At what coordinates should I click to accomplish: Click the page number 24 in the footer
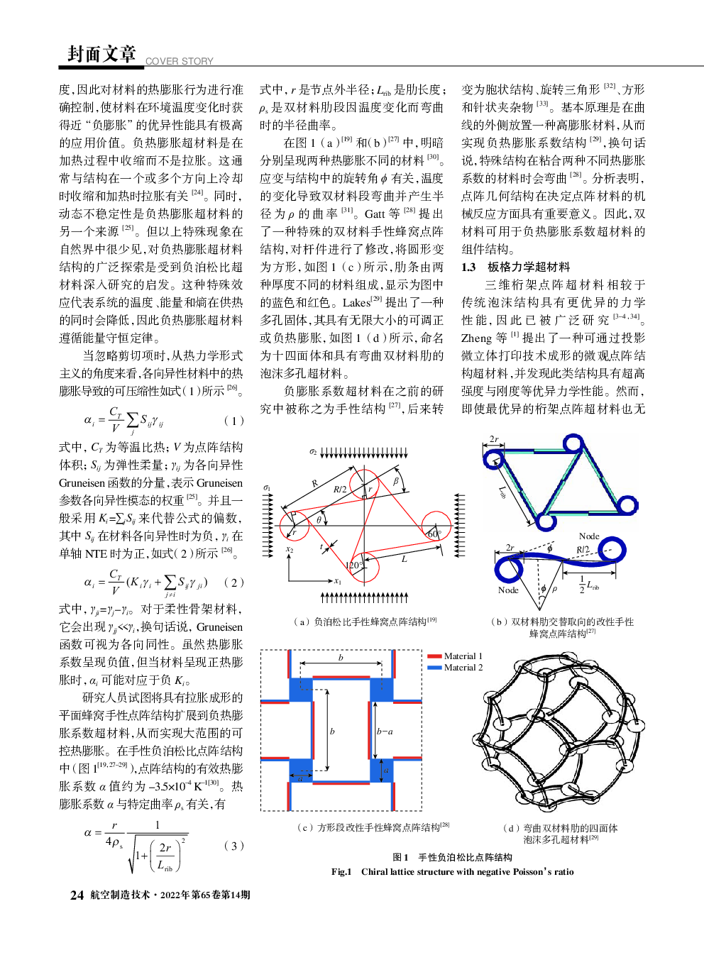coord(77,895)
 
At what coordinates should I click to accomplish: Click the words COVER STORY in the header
coord(179,61)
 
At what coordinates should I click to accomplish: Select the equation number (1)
coord(233,420)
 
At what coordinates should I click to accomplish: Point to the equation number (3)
coord(233,845)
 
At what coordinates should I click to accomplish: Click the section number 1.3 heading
coord(468,267)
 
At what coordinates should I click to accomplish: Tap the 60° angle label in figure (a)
coord(433,534)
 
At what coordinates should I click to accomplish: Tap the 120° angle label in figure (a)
coord(353,565)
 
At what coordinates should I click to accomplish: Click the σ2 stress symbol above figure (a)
coord(312,451)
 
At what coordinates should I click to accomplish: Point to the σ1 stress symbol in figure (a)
coord(267,487)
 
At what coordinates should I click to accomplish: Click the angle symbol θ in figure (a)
coord(319,520)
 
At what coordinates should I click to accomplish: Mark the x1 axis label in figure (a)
coord(338,582)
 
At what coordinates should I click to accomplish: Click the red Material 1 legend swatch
coord(434,656)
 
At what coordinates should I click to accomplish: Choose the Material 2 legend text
coord(463,668)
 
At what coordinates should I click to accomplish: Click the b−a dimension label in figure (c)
coord(384,732)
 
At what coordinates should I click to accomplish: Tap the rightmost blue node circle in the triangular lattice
coord(627,505)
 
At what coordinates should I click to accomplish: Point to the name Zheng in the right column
coord(476,338)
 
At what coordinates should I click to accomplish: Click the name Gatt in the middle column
coord(376,214)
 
